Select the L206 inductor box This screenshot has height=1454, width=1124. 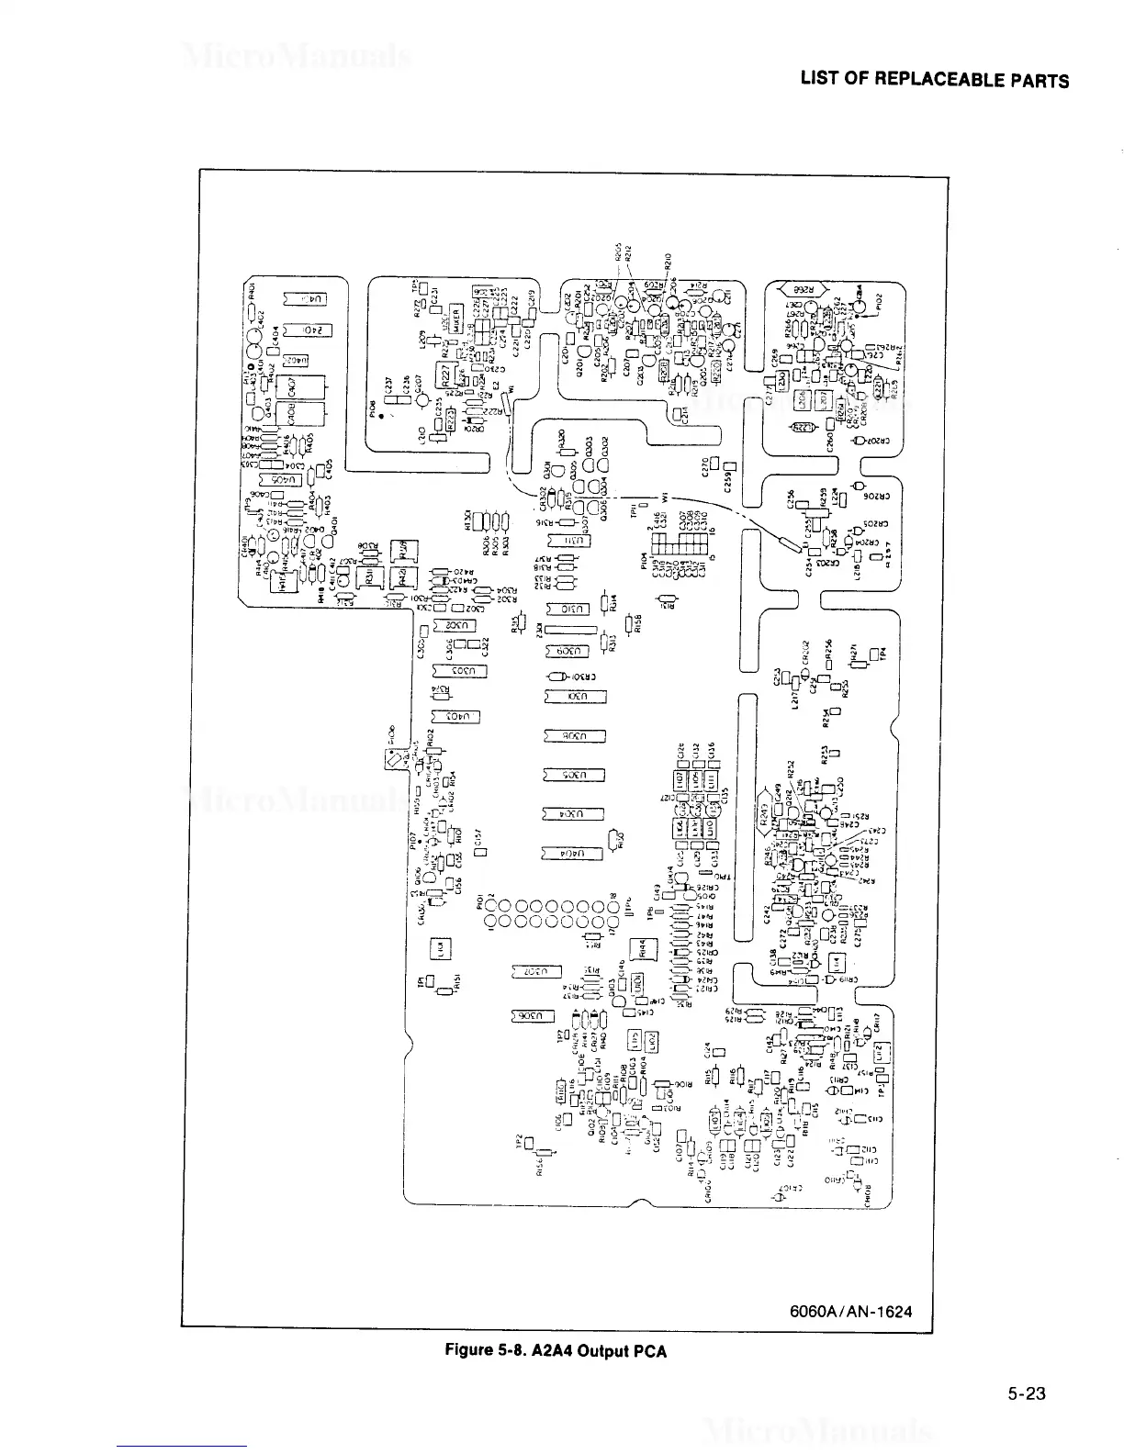pyautogui.click(x=802, y=401)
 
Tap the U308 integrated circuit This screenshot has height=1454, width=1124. pyautogui.click(x=575, y=735)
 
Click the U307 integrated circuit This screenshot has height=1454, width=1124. pyautogui.click(x=535, y=971)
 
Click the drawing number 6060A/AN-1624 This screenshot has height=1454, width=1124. pyautogui.click(x=850, y=1311)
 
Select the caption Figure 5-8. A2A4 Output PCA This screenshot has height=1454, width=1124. pyautogui.click(x=556, y=1350)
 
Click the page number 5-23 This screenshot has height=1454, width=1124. pyautogui.click(x=1026, y=1394)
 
